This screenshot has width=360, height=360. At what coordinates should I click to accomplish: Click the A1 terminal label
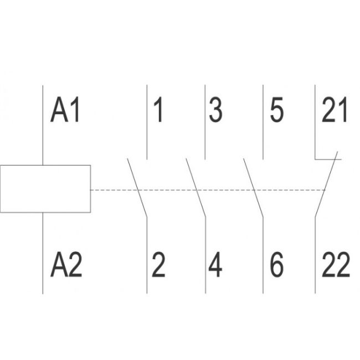65,110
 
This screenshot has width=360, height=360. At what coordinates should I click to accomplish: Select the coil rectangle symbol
45,188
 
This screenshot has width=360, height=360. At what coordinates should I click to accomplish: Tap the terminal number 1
158,110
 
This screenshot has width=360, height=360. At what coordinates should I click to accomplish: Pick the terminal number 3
215,110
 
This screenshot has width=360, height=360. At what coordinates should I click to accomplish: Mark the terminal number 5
276,110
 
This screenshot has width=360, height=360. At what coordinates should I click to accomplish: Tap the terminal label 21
335,110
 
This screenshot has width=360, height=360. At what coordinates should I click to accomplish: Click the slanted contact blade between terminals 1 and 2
137,187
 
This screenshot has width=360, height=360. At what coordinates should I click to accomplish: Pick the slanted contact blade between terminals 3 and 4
196,187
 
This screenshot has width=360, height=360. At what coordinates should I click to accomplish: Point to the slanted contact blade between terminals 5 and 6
253,187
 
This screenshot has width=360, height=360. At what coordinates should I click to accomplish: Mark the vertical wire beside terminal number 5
263,122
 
